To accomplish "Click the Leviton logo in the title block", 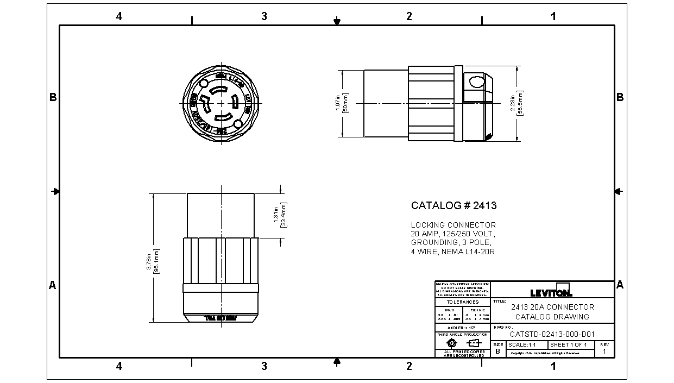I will tap(551, 292).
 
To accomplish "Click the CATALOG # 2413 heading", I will tap(453, 206).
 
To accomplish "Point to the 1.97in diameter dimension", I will tap(341, 103).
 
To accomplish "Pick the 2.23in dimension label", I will tap(516, 103).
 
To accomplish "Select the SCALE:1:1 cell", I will tap(525, 345).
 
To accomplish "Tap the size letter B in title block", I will tap(497, 351).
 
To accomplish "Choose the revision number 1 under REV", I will tap(604, 351).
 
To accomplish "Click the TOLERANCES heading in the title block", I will tap(462, 302).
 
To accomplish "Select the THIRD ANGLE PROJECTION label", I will tap(462, 335).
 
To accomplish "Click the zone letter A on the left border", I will tap(53, 285).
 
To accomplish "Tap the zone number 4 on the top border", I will tap(119, 16).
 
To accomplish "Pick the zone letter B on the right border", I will tap(620, 98).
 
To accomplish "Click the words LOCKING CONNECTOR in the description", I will tap(453, 225).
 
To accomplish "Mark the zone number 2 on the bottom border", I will tap(409, 366).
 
